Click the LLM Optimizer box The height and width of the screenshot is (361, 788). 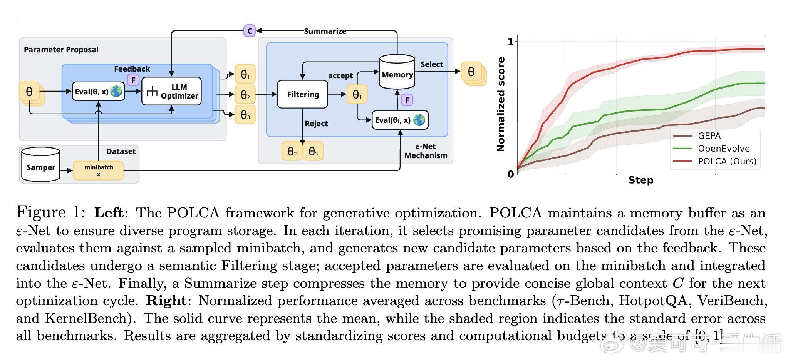pos(171,91)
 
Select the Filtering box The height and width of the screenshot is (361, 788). pos(303,94)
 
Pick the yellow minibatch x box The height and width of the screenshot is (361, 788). pos(99,170)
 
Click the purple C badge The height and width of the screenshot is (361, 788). pos(250,31)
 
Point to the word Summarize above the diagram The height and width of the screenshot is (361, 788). pos(325,31)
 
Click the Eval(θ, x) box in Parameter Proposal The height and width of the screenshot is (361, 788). pos(98,92)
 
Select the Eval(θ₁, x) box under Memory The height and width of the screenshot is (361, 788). pos(400,120)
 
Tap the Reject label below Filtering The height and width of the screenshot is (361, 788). pos(316,124)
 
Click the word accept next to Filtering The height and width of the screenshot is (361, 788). pos(340,75)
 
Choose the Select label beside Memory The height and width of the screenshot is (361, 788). pos(431,64)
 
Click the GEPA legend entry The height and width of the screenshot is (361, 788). pos(709,136)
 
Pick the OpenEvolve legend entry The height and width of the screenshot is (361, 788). pos(724,149)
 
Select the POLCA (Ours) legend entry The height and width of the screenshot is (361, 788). pos(727,161)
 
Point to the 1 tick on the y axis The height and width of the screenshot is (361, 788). pos(511,42)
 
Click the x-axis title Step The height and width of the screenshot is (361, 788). pos(641,180)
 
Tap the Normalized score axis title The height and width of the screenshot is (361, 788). pos(501,104)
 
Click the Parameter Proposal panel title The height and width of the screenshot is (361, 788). pos(61,50)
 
